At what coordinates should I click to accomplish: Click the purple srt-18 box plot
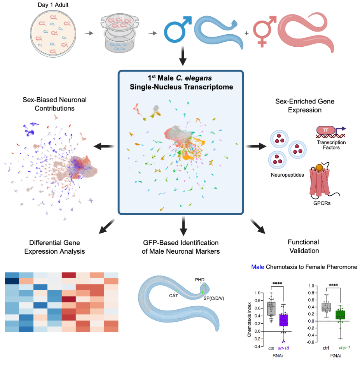(x=283, y=319)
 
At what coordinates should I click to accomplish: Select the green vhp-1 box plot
(x=341, y=314)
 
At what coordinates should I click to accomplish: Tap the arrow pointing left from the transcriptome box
(x=105, y=146)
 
